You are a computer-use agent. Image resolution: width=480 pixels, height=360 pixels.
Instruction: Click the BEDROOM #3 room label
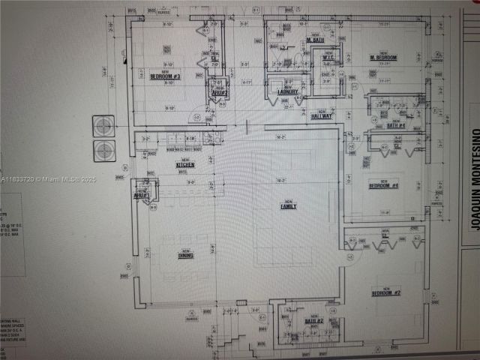click(x=166, y=76)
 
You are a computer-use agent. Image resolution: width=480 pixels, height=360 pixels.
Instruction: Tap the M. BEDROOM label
click(x=382, y=58)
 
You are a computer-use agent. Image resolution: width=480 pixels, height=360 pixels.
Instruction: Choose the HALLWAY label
click(x=322, y=115)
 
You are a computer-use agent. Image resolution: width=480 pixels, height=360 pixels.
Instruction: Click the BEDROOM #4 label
click(x=383, y=184)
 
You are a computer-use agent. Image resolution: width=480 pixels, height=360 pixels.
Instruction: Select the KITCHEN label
click(x=185, y=164)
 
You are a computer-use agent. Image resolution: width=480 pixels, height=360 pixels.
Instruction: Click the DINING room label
click(x=185, y=255)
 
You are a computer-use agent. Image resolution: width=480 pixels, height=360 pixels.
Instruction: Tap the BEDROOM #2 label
click(x=385, y=292)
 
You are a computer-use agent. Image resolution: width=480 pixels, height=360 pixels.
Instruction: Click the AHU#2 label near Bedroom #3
click(x=220, y=88)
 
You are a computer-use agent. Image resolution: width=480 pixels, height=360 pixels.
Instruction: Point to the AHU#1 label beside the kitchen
click(x=140, y=196)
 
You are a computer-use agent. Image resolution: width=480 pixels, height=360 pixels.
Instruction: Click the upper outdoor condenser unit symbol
click(x=103, y=125)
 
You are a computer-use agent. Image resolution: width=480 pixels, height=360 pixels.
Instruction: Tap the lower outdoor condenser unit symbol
click(x=103, y=150)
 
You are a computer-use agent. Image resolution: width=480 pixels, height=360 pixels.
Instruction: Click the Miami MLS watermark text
click(x=44, y=180)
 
